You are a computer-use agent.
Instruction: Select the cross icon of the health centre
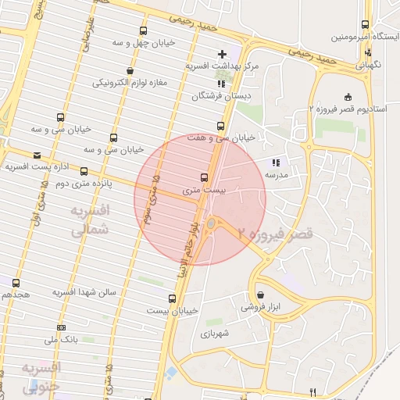[223, 54]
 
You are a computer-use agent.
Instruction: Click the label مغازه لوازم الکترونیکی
[131, 82]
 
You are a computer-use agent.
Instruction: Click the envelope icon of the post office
[37, 155]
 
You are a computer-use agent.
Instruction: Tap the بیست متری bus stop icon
[205, 177]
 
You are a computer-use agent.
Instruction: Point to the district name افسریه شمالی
[91, 221]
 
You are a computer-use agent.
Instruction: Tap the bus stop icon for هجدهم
[16, 282]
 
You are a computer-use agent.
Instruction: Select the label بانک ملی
[60, 340]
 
